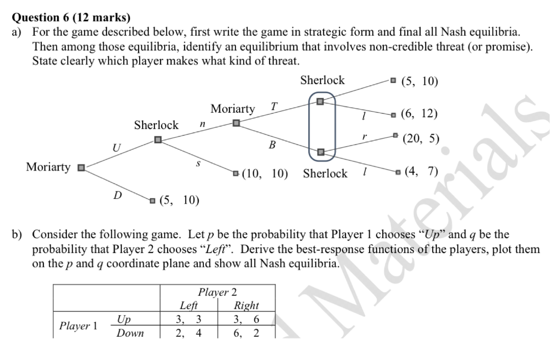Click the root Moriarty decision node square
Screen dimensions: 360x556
click(x=80, y=167)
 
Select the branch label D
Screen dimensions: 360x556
click(x=117, y=195)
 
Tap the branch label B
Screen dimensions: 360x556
click(x=272, y=145)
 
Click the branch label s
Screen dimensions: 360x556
click(x=198, y=163)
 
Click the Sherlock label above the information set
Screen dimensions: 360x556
click(x=322, y=80)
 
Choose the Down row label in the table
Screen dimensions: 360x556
click(x=130, y=333)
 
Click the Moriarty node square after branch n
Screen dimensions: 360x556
click(x=236, y=123)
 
